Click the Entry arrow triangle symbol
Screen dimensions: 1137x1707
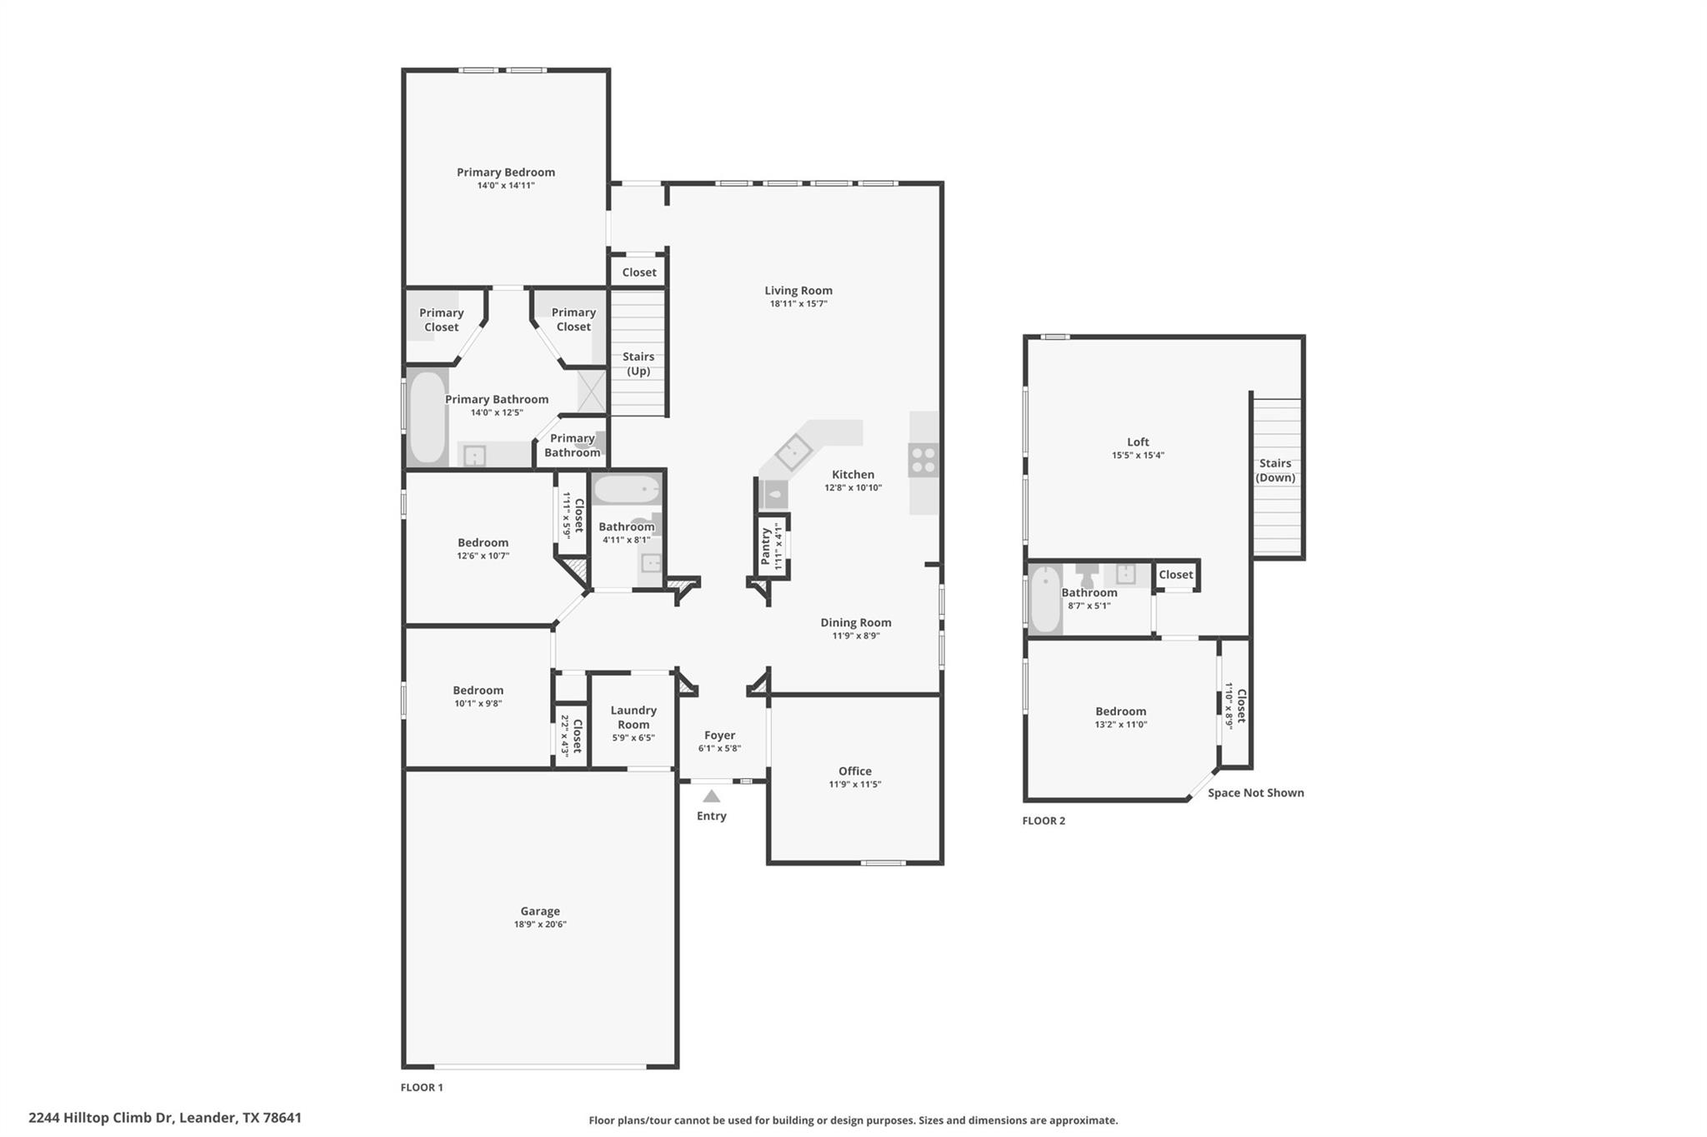point(711,796)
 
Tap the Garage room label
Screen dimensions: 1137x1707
point(540,910)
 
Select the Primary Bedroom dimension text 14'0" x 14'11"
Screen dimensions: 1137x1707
point(506,186)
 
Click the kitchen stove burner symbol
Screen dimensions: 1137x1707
point(923,460)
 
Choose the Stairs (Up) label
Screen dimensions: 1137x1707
point(638,364)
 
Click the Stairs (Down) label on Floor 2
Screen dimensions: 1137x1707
point(1275,471)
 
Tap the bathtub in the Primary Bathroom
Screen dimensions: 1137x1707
point(427,417)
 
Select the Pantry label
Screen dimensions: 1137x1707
point(766,546)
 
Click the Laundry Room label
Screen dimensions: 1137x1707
point(633,717)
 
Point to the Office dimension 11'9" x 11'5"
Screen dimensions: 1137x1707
point(854,785)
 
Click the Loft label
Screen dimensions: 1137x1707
point(1138,442)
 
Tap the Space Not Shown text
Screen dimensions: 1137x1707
point(1255,793)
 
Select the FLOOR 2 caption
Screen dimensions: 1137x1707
point(1044,820)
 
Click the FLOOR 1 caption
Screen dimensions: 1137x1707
point(422,1087)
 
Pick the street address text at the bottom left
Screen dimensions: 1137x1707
point(165,1118)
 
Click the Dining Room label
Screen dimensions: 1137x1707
point(855,622)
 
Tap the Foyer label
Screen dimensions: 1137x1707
point(719,735)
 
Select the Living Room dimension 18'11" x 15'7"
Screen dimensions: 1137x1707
point(798,304)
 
